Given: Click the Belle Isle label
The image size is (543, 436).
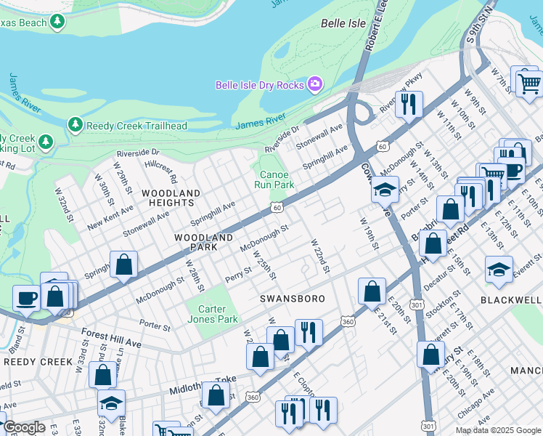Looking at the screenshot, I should point(343,23).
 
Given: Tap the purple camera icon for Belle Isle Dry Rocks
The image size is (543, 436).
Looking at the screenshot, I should point(314,85).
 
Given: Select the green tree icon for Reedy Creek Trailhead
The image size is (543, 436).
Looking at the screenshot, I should point(75,125).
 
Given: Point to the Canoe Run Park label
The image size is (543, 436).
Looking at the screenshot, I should point(274,179).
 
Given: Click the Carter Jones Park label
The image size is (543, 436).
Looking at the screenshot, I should point(217,314).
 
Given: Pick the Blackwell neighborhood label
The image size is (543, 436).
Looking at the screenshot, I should point(512,299).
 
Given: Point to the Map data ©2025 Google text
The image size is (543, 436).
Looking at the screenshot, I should point(497,430).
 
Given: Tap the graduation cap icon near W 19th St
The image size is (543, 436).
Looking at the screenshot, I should point(384,190).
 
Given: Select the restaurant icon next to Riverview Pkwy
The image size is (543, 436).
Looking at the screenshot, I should point(409,104).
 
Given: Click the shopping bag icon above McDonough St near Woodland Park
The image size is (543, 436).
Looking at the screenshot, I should point(124,265).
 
